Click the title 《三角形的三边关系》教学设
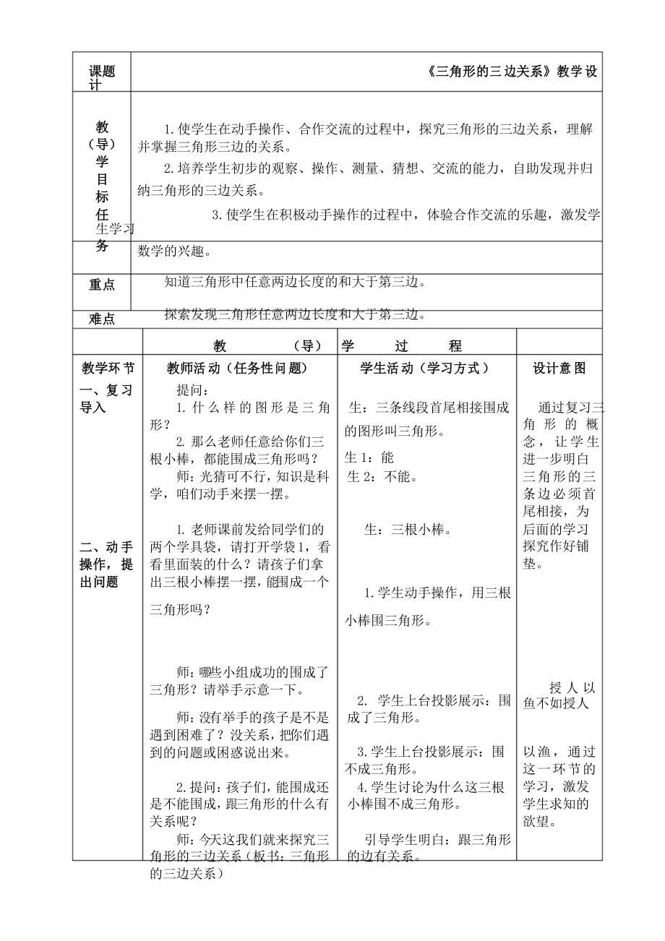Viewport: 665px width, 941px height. tap(512, 72)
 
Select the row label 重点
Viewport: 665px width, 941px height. tap(101, 285)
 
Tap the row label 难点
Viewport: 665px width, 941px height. tap(101, 319)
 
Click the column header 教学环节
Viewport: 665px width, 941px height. tap(107, 368)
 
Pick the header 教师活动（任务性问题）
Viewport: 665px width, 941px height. tap(237, 368)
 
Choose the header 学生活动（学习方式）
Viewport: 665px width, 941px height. tap(426, 368)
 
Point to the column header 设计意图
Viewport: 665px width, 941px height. tap(559, 368)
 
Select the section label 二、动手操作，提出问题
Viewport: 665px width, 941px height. tap(107, 564)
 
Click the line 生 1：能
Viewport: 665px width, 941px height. tap(369, 457)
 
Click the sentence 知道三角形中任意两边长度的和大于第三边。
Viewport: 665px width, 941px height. tap(295, 282)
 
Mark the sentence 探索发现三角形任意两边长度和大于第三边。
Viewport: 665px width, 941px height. tap(295, 314)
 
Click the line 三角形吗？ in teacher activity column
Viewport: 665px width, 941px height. tap(180, 609)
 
